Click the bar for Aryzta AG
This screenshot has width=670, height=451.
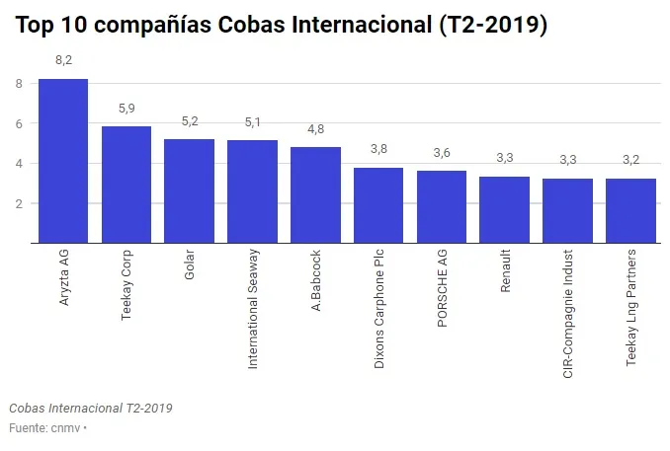tap(63, 161)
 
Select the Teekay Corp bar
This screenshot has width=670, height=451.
tap(126, 185)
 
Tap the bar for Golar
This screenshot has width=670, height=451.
tap(189, 191)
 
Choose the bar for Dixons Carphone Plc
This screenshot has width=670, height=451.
tap(378, 205)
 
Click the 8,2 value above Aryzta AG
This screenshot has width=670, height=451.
tap(63, 60)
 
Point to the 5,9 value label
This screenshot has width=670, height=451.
tap(126, 108)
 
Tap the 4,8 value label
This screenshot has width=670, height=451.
tap(315, 128)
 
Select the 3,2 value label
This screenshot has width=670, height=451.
tap(630, 160)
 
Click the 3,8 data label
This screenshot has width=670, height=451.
tap(378, 149)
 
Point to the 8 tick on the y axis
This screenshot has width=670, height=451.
tap(19, 84)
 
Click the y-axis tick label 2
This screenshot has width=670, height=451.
tap(19, 204)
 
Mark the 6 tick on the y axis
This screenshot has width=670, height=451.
tap(19, 124)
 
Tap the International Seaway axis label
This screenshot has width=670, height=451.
tap(253, 310)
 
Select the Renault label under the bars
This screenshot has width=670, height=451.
tap(505, 277)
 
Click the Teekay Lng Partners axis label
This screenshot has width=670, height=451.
tap(631, 309)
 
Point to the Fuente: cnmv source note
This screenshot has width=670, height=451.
tap(45, 428)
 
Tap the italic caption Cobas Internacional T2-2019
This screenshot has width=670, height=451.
tap(91, 408)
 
